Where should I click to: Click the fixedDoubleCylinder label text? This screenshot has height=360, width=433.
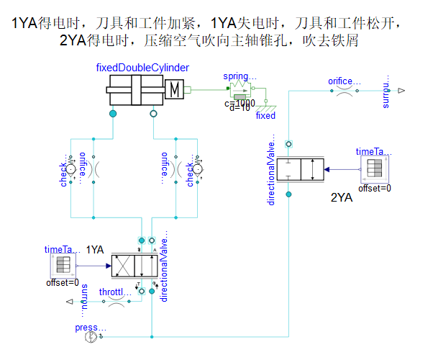142,68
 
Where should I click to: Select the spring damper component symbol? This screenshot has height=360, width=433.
239,89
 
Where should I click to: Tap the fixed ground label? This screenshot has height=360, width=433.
265,115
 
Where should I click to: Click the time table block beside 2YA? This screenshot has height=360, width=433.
374,168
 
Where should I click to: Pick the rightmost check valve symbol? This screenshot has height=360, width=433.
195,169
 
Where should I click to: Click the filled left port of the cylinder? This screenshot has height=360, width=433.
112,114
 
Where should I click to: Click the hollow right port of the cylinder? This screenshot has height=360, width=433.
152,114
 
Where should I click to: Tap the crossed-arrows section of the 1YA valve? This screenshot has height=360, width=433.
123,265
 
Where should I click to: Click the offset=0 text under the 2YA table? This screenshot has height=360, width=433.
374,189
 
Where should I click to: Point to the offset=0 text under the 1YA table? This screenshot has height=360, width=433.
62,282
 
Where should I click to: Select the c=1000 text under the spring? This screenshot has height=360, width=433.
240,103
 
